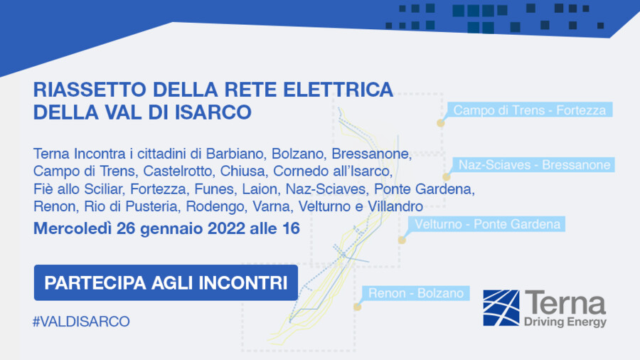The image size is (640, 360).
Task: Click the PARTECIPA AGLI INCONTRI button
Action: point(166,282)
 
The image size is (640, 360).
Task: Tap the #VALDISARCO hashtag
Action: point(81,322)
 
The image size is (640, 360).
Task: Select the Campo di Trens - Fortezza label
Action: point(529,110)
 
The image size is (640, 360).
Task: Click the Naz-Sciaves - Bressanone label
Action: point(534,165)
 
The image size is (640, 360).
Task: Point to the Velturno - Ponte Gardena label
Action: point(487,224)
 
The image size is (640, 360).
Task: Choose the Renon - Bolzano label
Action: point(416,292)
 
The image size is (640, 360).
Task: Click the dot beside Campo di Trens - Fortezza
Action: point(440,123)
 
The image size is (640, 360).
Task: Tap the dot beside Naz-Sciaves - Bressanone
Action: point(446,177)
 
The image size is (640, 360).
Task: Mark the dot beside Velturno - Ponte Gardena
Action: point(401,240)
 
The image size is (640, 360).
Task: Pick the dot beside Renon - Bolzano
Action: point(357,307)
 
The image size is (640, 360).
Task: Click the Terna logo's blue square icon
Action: point(501,307)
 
